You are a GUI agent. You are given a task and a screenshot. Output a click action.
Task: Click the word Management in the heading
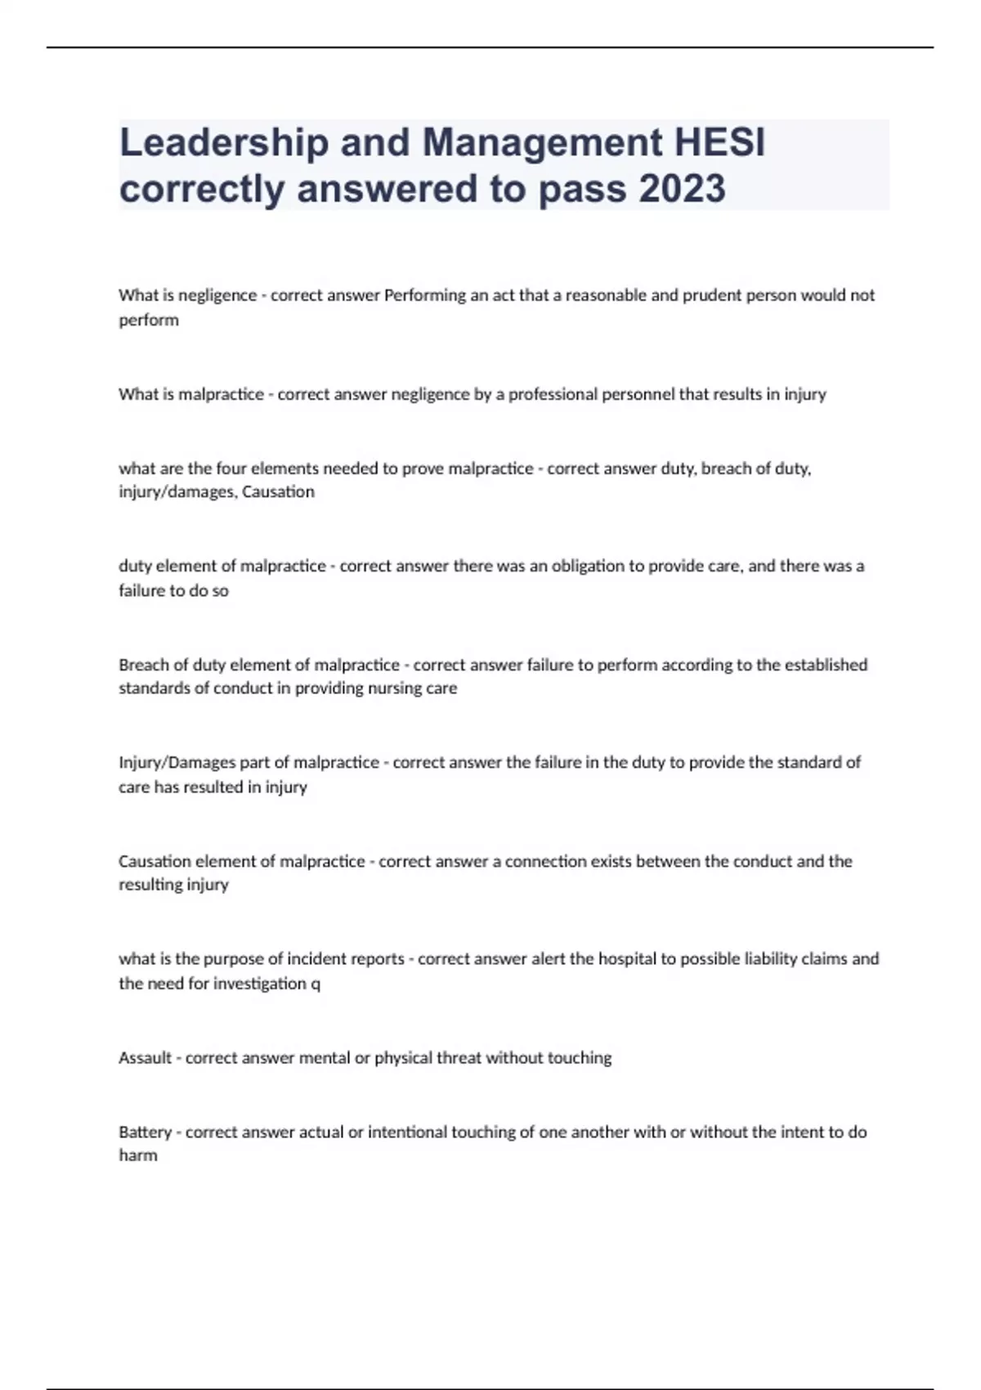(x=543, y=143)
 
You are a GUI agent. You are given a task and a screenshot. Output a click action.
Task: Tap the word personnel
(x=638, y=394)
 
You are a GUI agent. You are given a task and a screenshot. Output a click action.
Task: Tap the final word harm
(x=138, y=1155)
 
